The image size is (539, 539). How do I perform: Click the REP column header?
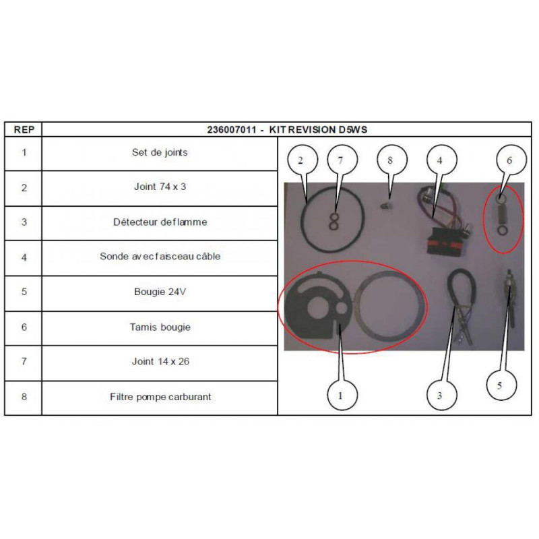24,129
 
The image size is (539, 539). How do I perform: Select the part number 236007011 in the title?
232,129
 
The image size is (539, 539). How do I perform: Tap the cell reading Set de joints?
160,153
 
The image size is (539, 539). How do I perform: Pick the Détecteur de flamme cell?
160,222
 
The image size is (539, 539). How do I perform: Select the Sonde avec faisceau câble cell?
160,257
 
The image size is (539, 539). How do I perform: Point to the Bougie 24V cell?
160,292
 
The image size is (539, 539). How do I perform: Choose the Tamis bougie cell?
160,327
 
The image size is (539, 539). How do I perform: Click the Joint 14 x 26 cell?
160,362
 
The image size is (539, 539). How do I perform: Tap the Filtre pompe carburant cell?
160,397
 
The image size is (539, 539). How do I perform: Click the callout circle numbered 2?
303,160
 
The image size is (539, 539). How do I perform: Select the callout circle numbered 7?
342,160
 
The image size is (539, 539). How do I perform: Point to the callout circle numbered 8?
392,160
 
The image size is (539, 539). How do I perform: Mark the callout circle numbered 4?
442,160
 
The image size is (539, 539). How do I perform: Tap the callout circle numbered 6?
511,160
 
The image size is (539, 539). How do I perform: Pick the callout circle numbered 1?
342,395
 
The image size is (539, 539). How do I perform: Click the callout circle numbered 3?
442,395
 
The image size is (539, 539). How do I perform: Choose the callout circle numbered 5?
501,385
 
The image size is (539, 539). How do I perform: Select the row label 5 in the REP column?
24,292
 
